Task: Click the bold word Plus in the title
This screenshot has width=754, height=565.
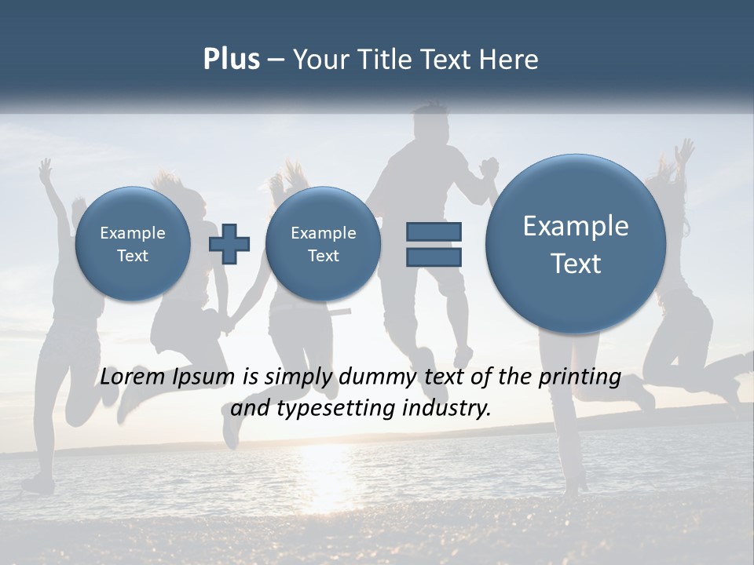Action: pyautogui.click(x=231, y=60)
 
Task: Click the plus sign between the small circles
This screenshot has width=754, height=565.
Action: pyautogui.click(x=229, y=243)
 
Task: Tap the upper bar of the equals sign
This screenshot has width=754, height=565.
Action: pyautogui.click(x=434, y=231)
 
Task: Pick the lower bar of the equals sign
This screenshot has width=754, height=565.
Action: pyautogui.click(x=434, y=257)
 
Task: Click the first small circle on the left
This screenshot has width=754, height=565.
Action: pyautogui.click(x=133, y=243)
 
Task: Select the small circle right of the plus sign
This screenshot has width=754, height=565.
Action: pyautogui.click(x=323, y=243)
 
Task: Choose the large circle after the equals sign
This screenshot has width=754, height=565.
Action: pyautogui.click(x=576, y=243)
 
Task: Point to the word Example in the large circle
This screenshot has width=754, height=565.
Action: pyautogui.click(x=576, y=226)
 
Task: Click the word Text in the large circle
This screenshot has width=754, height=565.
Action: pyautogui.click(x=576, y=264)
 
